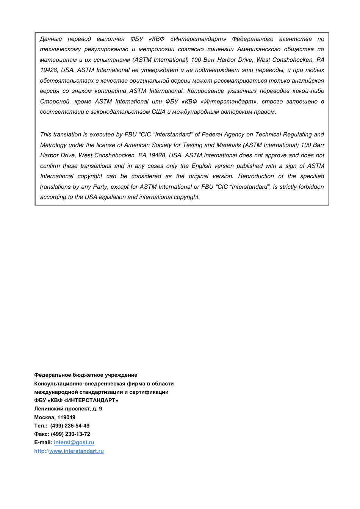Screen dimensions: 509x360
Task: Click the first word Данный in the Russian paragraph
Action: tap(51, 39)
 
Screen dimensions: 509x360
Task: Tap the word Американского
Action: tap(259, 49)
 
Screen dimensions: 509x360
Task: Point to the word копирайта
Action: tap(110, 91)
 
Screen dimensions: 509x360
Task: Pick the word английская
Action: tap(310, 81)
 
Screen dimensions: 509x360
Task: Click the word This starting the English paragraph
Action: tap(46, 135)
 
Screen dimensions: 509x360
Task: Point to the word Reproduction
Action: tap(256, 176)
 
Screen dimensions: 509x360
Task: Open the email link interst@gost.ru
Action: tap(74, 442)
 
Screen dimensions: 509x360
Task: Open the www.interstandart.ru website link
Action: tap(77, 451)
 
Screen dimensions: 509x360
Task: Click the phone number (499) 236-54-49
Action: tap(70, 426)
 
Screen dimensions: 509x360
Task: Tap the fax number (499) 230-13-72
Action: tap(70, 434)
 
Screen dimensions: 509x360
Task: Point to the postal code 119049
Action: tap(66, 417)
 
